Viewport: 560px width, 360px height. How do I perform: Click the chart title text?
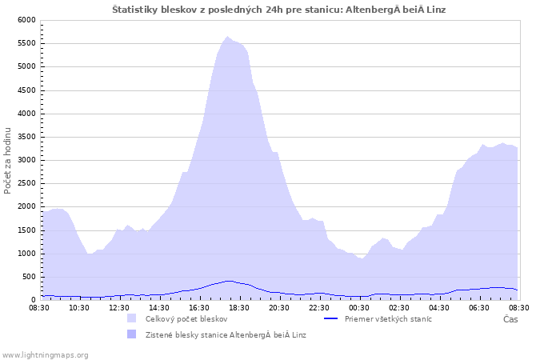click(x=279, y=10)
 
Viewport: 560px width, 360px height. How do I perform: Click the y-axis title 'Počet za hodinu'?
click(x=7, y=161)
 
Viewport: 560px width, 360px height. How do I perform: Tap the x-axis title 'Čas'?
click(x=510, y=319)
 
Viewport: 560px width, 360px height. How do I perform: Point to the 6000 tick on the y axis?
click(x=26, y=20)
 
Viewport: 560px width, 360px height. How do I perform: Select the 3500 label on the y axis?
click(x=26, y=137)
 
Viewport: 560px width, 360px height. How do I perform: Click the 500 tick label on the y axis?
click(x=29, y=277)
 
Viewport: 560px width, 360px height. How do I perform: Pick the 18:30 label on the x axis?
click(x=239, y=308)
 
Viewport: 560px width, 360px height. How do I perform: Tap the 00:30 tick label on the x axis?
click(x=359, y=308)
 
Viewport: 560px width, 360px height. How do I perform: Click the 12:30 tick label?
click(x=119, y=308)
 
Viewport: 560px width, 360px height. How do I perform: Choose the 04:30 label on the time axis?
click(x=439, y=308)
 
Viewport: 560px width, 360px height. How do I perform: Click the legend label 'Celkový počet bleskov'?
click(x=186, y=319)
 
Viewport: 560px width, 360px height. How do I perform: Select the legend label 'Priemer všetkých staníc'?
click(x=388, y=319)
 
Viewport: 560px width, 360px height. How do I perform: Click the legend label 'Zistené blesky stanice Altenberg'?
click(x=226, y=335)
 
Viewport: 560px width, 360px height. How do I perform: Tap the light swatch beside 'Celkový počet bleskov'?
click(x=132, y=318)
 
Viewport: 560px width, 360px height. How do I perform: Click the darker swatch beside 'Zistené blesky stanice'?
click(x=132, y=334)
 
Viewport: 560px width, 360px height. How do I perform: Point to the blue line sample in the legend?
click(x=330, y=318)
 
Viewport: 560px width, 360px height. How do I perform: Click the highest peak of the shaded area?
click(x=227, y=37)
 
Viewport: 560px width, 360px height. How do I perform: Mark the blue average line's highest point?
click(x=229, y=281)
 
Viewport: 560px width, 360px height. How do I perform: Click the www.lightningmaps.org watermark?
click(x=44, y=355)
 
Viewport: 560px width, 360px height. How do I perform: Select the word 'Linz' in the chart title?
click(x=437, y=10)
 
